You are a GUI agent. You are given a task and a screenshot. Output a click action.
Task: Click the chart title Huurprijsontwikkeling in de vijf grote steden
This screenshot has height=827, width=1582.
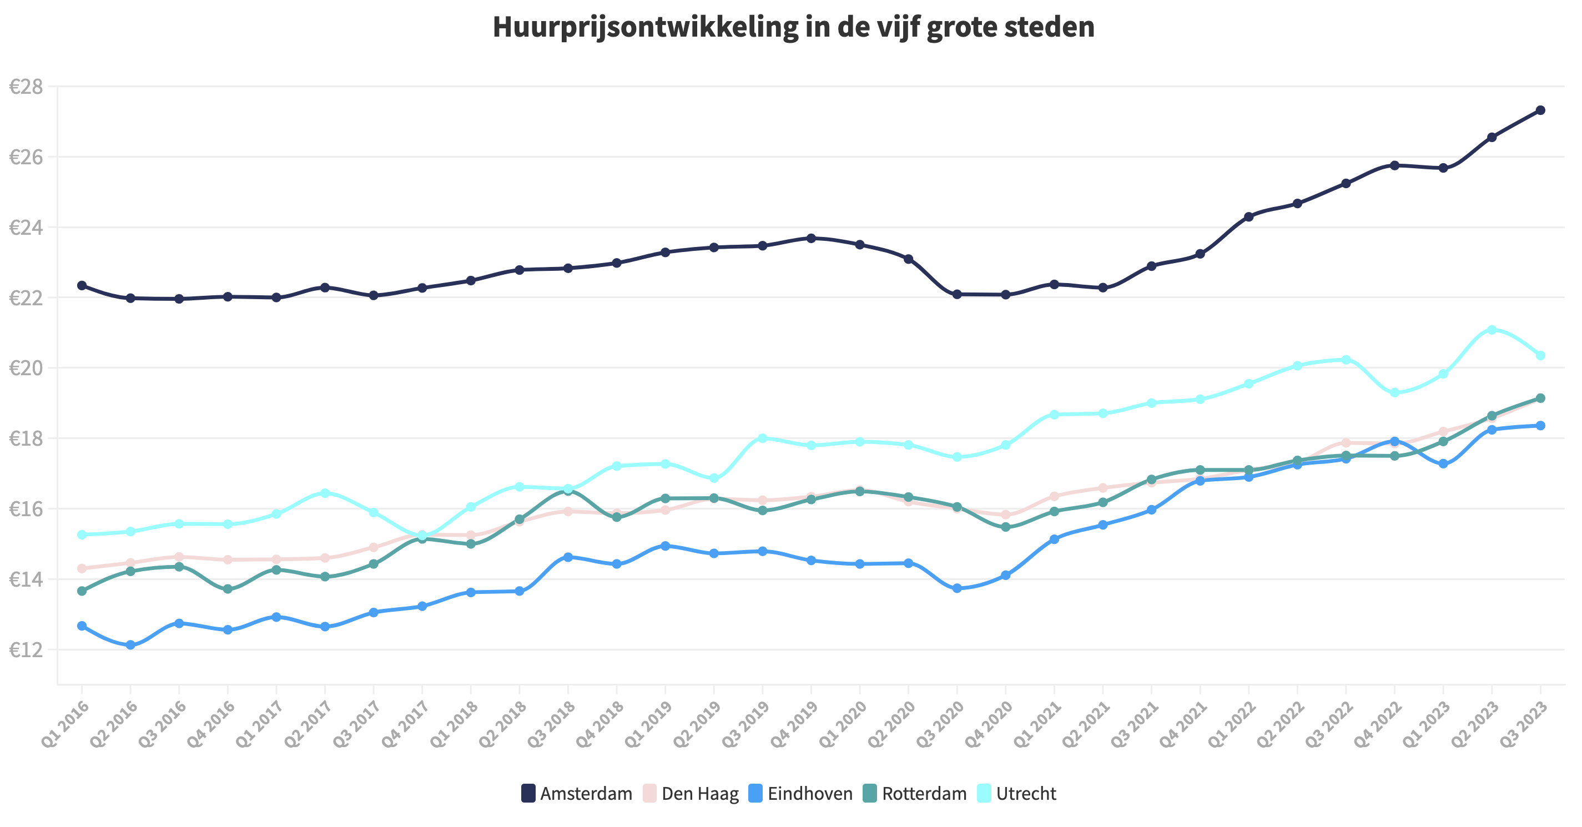click(793, 28)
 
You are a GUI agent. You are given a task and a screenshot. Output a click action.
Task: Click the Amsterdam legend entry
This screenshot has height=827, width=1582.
click(577, 793)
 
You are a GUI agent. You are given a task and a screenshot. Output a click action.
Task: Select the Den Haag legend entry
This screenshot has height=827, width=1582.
click(691, 793)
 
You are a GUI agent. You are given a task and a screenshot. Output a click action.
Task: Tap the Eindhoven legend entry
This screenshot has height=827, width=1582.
click(801, 793)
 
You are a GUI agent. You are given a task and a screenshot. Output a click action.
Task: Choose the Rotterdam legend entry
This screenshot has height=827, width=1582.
click(915, 793)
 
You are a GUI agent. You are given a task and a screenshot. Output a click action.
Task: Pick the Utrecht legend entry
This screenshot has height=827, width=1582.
click(1016, 793)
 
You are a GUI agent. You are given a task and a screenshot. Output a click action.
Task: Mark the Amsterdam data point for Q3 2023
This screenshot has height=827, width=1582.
click(1540, 110)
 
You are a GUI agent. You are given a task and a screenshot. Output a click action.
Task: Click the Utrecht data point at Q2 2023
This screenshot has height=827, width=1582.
click(1492, 330)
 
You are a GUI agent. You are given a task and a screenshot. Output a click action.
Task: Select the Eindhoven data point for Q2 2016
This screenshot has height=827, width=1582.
click(130, 644)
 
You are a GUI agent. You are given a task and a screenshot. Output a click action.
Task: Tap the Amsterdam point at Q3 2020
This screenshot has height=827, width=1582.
click(957, 294)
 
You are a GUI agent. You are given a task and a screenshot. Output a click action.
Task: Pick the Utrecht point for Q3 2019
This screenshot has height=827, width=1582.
click(762, 438)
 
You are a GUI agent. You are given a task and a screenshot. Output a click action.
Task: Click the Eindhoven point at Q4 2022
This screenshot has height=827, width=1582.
click(1395, 441)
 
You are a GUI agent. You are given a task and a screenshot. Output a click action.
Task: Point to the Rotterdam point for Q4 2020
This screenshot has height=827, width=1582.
click(1005, 527)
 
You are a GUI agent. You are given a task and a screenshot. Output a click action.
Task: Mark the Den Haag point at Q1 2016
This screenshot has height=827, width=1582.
click(82, 568)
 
